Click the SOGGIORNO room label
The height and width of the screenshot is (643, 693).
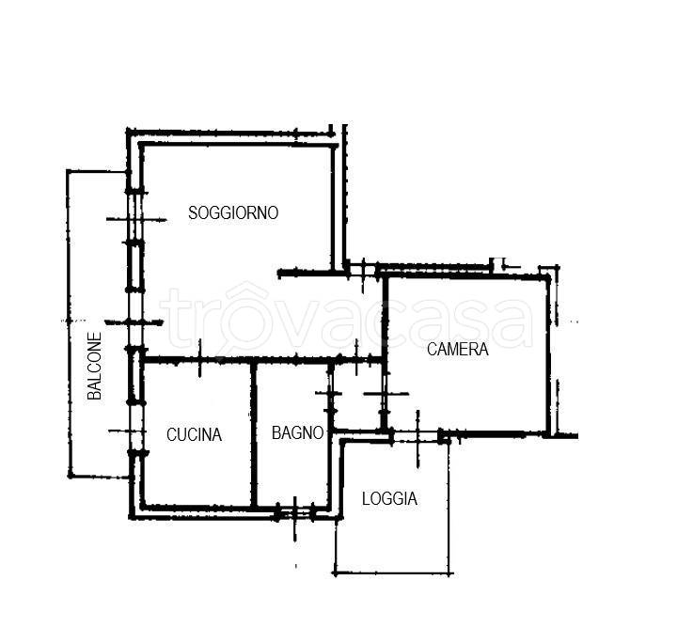click(233, 213)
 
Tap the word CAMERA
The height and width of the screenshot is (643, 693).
click(457, 350)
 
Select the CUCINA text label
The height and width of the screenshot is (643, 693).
click(194, 435)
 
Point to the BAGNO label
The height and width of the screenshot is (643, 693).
click(297, 432)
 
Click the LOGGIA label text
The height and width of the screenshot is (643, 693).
click(389, 499)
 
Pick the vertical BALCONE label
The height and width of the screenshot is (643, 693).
click(95, 366)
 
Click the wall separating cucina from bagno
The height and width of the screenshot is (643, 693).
click(254, 434)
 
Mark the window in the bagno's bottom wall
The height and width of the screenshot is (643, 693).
click(295, 513)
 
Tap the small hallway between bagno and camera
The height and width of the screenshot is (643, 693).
click(357, 396)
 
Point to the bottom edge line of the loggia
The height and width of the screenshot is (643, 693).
click(393, 573)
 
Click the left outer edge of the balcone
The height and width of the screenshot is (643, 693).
click(69, 323)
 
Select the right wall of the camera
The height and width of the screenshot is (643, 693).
click(548, 355)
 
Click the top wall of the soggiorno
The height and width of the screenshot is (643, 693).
click(238, 144)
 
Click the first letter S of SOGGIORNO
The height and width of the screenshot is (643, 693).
click(193, 213)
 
